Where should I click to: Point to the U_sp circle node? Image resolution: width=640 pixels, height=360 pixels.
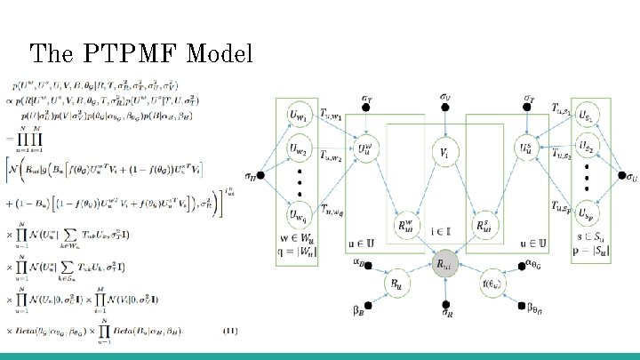(x=588, y=213)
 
